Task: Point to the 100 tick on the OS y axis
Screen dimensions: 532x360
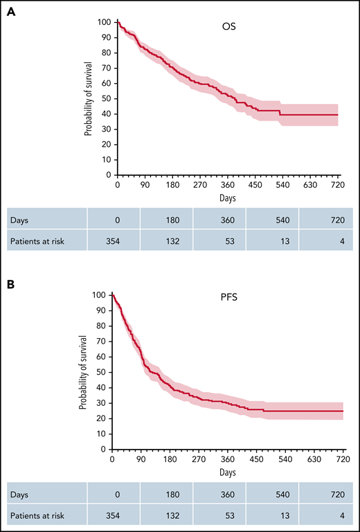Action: click(x=102, y=22)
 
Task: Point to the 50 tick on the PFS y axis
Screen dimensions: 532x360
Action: click(x=99, y=372)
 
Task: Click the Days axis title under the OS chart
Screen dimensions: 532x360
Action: click(x=228, y=197)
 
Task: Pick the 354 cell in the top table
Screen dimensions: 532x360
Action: click(x=114, y=240)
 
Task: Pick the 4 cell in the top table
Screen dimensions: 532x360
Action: click(x=325, y=240)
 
